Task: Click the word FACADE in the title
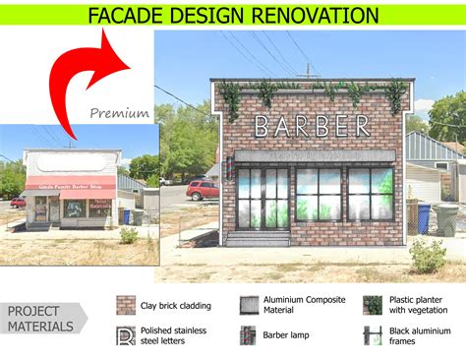129,15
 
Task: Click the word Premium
119,113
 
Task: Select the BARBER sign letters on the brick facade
313,126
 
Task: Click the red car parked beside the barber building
202,189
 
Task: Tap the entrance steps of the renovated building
259,237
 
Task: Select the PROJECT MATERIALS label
40,319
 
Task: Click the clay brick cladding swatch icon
126,305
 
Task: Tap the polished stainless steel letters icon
126,335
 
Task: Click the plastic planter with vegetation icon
372,305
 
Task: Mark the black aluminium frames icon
372,335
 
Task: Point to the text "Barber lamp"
287,335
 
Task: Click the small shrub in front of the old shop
129,235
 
